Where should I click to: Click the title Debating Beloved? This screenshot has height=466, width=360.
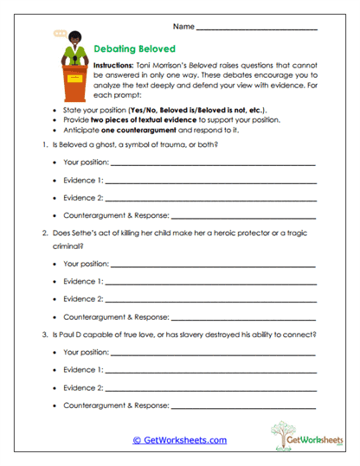coord(133,50)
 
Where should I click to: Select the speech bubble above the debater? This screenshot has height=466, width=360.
coord(59,34)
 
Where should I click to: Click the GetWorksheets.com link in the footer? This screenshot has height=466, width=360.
coord(179,440)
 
